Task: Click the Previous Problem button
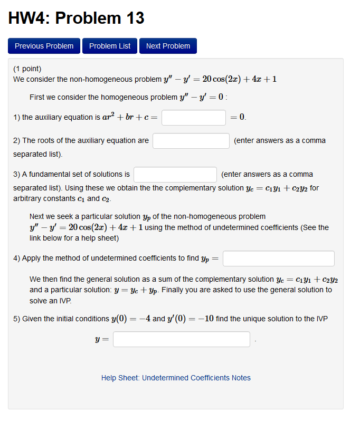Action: [x=44, y=46]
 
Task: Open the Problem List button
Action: [x=110, y=46]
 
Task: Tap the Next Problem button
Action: [x=168, y=46]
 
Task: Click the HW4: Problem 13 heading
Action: [x=77, y=18]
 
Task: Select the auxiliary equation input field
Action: [x=194, y=118]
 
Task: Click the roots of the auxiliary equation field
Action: [x=191, y=141]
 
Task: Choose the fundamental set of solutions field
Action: [x=175, y=175]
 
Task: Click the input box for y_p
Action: [x=279, y=259]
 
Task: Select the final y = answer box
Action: [x=182, y=339]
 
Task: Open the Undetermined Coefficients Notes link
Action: [x=196, y=378]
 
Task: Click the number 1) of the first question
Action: [x=16, y=117]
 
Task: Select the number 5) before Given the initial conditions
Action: [x=16, y=319]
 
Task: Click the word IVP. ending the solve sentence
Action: [x=63, y=300]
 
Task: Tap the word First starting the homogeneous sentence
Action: [x=37, y=97]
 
